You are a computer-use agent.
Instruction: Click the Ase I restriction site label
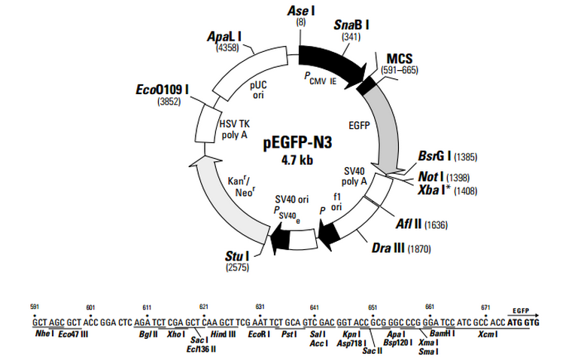pos(301,11)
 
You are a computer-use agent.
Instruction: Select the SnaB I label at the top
pos(351,25)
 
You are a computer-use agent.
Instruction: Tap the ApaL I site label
pos(224,36)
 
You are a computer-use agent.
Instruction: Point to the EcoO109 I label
pos(163,90)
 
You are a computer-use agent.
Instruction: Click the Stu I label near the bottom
pos(237,256)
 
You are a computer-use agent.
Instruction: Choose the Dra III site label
pos(388,248)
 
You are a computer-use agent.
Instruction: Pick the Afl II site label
pos(408,224)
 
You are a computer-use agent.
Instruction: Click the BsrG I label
pos(435,156)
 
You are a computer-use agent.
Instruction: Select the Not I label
pos(431,177)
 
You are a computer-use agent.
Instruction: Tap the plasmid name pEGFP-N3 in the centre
pos(297,142)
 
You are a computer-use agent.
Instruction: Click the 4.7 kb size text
pos(297,160)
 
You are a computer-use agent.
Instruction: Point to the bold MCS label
pos(400,59)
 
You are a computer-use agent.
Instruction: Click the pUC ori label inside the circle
pos(258,90)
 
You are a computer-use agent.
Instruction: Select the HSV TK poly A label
pos(235,129)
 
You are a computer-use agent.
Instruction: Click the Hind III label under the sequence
pos(223,334)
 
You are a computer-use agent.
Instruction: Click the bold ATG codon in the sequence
pos(514,322)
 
